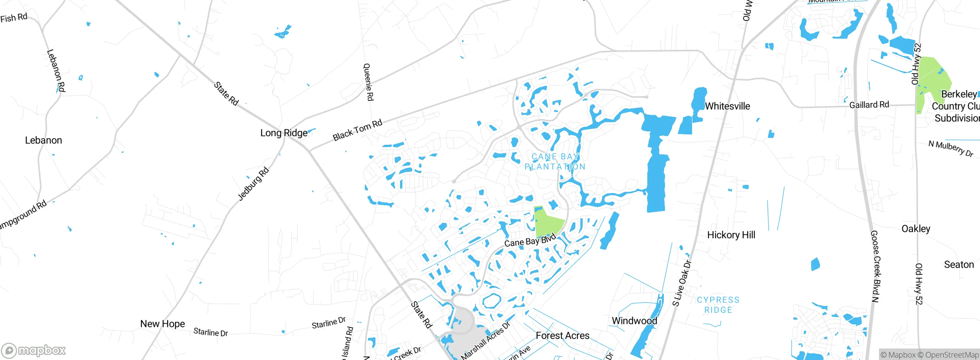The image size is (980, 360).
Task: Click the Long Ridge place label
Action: (284, 133)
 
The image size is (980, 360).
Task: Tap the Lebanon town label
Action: (43, 140)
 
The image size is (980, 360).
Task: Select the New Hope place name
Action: (162, 324)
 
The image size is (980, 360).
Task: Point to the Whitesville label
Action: (727, 106)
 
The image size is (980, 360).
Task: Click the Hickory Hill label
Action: (731, 235)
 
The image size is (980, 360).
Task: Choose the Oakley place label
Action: (916, 229)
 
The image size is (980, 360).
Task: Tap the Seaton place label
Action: (959, 264)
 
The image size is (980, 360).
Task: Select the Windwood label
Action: (634, 321)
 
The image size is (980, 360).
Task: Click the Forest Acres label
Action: (562, 335)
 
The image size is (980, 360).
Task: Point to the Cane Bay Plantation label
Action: (555, 162)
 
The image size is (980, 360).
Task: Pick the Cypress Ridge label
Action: (718, 305)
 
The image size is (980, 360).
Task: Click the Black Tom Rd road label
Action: (357, 130)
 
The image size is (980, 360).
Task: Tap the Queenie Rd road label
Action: (368, 82)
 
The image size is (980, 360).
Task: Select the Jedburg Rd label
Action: (253, 184)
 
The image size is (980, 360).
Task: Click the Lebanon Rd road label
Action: (56, 70)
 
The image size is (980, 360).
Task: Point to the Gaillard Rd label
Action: (869, 105)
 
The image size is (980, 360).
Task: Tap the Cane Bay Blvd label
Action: (530, 241)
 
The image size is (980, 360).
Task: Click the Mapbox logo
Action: (34, 350)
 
